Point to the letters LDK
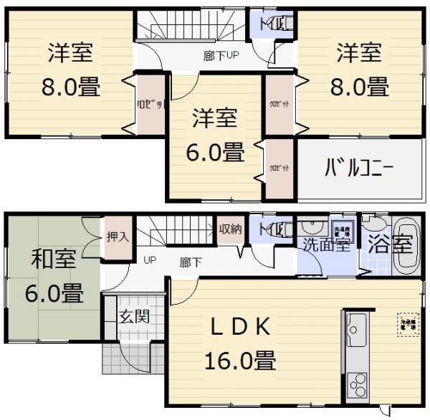[239, 328]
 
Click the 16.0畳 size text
[240, 360]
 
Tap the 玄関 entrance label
[134, 316]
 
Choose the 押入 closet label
[118, 237]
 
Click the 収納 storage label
[231, 229]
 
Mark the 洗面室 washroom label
[325, 244]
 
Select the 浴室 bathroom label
[391, 244]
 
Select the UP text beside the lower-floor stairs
[149, 259]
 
